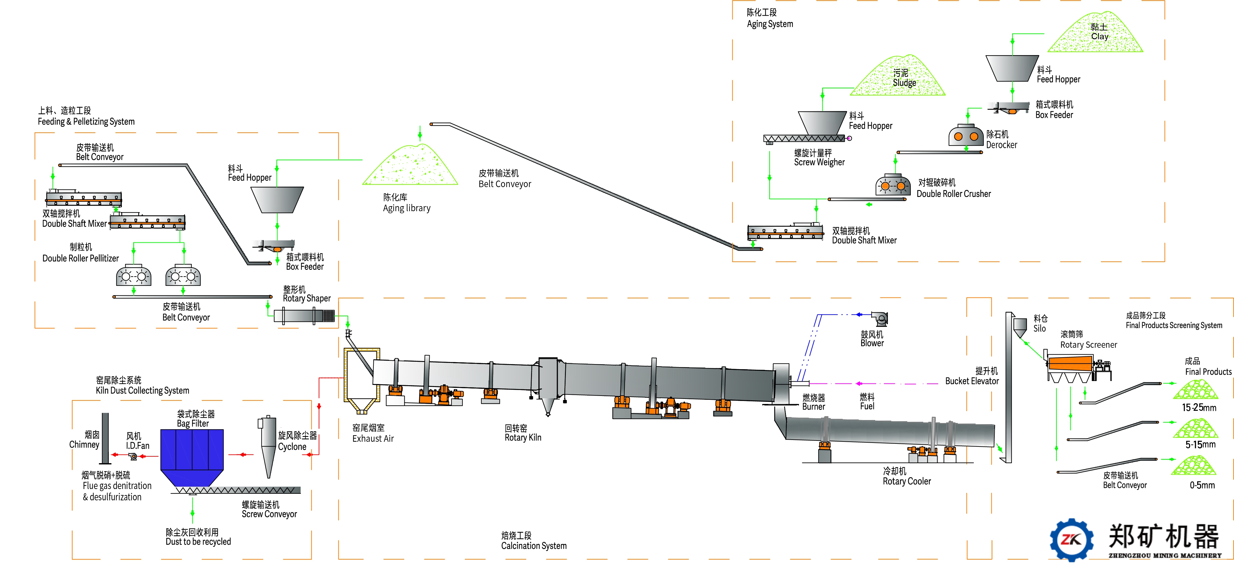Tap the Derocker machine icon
coord(966,135)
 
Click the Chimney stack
coord(105,438)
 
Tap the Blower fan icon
coord(880,319)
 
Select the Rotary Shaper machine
coord(304,316)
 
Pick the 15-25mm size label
coord(1199,408)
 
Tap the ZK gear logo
coord(1072,540)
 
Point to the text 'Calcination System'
coord(534,546)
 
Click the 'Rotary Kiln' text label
coord(523,438)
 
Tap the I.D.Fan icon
coord(133,456)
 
